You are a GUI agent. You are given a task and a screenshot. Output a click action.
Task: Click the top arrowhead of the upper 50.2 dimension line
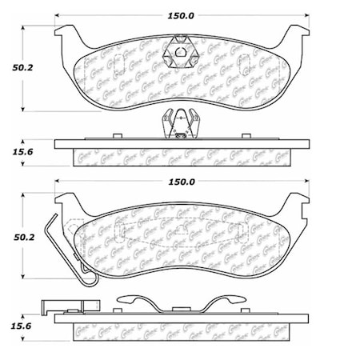[28, 26]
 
